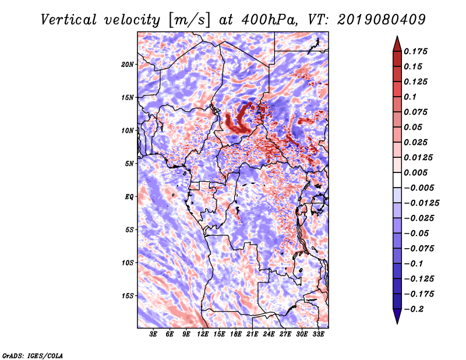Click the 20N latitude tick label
(x=128, y=65)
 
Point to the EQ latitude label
(x=129, y=197)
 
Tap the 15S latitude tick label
(x=128, y=296)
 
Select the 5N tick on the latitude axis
(x=129, y=164)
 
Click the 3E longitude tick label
(x=153, y=334)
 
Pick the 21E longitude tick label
(x=252, y=334)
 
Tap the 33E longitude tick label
(x=318, y=334)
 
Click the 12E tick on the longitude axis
(x=203, y=334)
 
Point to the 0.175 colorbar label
(x=415, y=51)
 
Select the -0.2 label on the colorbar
(x=414, y=309)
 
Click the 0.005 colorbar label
(x=415, y=172)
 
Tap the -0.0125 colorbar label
(x=421, y=203)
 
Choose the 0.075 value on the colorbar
(x=415, y=112)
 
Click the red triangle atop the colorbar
(x=397, y=44)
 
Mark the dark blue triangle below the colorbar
(x=397, y=316)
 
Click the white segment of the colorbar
(x=397, y=180)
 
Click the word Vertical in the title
(x=69, y=20)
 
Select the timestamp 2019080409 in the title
(x=382, y=20)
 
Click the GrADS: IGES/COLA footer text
(x=33, y=355)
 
